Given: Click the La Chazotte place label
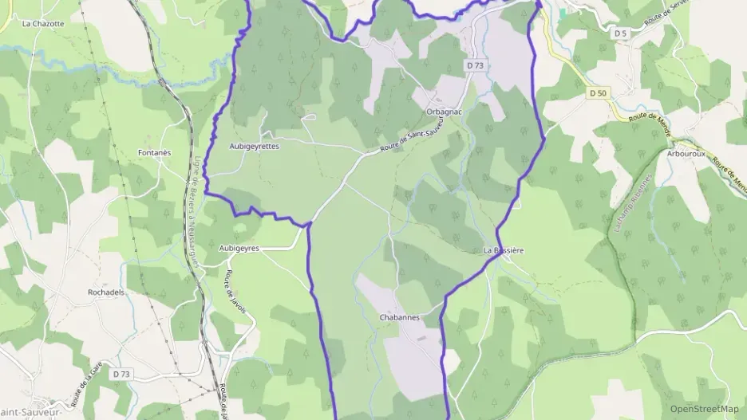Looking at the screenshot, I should tap(43, 24).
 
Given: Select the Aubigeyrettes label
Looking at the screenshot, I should tap(255, 147).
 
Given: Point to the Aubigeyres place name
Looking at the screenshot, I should tap(239, 249).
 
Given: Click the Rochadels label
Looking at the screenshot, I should tap(106, 292).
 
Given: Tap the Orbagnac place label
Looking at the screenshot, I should tap(445, 112).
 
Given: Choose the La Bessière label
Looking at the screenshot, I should tap(504, 250).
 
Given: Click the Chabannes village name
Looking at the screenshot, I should tap(399, 317).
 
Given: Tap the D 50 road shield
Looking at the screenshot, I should tap(598, 93).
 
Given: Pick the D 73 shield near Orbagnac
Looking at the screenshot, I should tap(475, 65).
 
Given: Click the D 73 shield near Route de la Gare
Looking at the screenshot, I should tap(121, 374).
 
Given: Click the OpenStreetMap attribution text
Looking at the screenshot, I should tap(704, 409).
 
